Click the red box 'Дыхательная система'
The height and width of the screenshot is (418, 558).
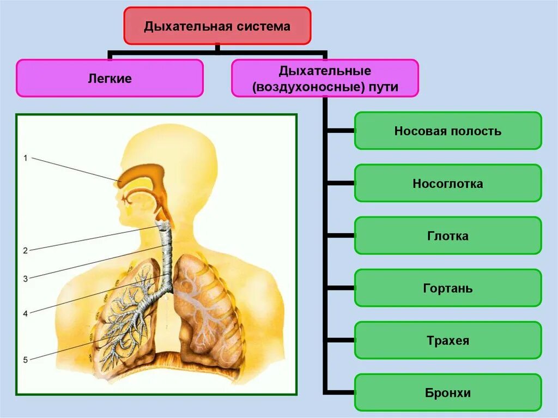(x=217, y=26)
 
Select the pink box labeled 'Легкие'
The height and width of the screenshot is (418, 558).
(x=110, y=78)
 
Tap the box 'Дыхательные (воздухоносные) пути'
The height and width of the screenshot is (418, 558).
(x=325, y=78)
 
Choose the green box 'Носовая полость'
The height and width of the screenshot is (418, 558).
(x=448, y=131)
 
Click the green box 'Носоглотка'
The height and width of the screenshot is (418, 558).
(x=448, y=184)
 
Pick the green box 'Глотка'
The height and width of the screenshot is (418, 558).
(x=448, y=236)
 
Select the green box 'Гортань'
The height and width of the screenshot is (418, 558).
(x=448, y=288)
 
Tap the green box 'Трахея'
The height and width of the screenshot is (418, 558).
(x=448, y=341)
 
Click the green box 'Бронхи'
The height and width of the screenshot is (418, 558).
(x=448, y=392)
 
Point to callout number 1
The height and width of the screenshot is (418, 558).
(x=25, y=158)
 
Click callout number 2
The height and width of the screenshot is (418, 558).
(x=25, y=251)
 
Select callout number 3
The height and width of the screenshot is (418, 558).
(x=25, y=279)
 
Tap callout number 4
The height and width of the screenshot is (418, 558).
(x=25, y=313)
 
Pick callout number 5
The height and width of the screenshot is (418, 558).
(x=25, y=359)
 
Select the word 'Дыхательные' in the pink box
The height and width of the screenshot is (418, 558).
(x=325, y=71)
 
